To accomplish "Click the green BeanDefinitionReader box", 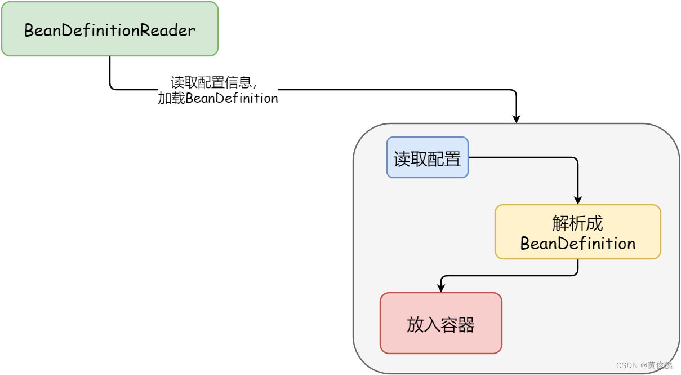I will pos(109,29).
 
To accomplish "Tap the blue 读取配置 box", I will pos(427,158).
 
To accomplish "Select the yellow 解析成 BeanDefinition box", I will pos(577,232).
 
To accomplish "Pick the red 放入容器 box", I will pos(440,324).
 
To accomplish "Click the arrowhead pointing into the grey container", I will pos(516,118).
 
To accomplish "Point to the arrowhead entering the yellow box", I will pos(577,200).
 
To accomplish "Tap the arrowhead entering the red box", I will pos(440,288).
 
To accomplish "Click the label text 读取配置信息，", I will pos(213,82).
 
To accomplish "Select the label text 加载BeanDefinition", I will pos(218,98).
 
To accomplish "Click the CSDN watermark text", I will pos(626,365).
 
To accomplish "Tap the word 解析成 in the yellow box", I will pos(577,224).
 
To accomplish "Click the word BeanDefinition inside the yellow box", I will pos(577,244).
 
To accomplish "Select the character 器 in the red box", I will pos(466,325).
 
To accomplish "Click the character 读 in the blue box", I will pos(402,159).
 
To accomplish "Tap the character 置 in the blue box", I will pos(453,159).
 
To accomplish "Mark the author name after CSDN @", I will pos(660,365).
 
